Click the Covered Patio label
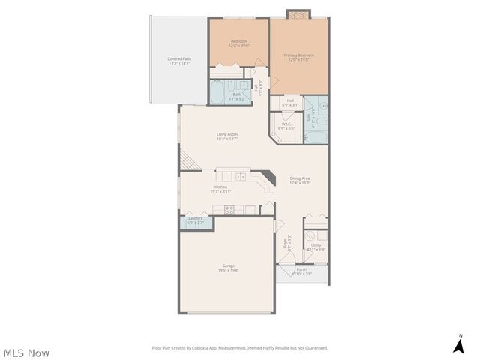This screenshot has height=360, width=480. pos(178,61)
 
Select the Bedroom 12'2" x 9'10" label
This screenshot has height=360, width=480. pos(239,43)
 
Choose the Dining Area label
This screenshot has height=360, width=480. pos(300,180)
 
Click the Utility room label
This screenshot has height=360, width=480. pos(316,247)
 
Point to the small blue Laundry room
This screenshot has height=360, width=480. pos(195,221)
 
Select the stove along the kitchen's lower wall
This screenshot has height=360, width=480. pos(229,210)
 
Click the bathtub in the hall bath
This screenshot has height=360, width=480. pos(217,94)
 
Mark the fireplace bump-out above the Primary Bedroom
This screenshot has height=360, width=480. pos(298,14)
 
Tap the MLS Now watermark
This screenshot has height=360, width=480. pos(27,352)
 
